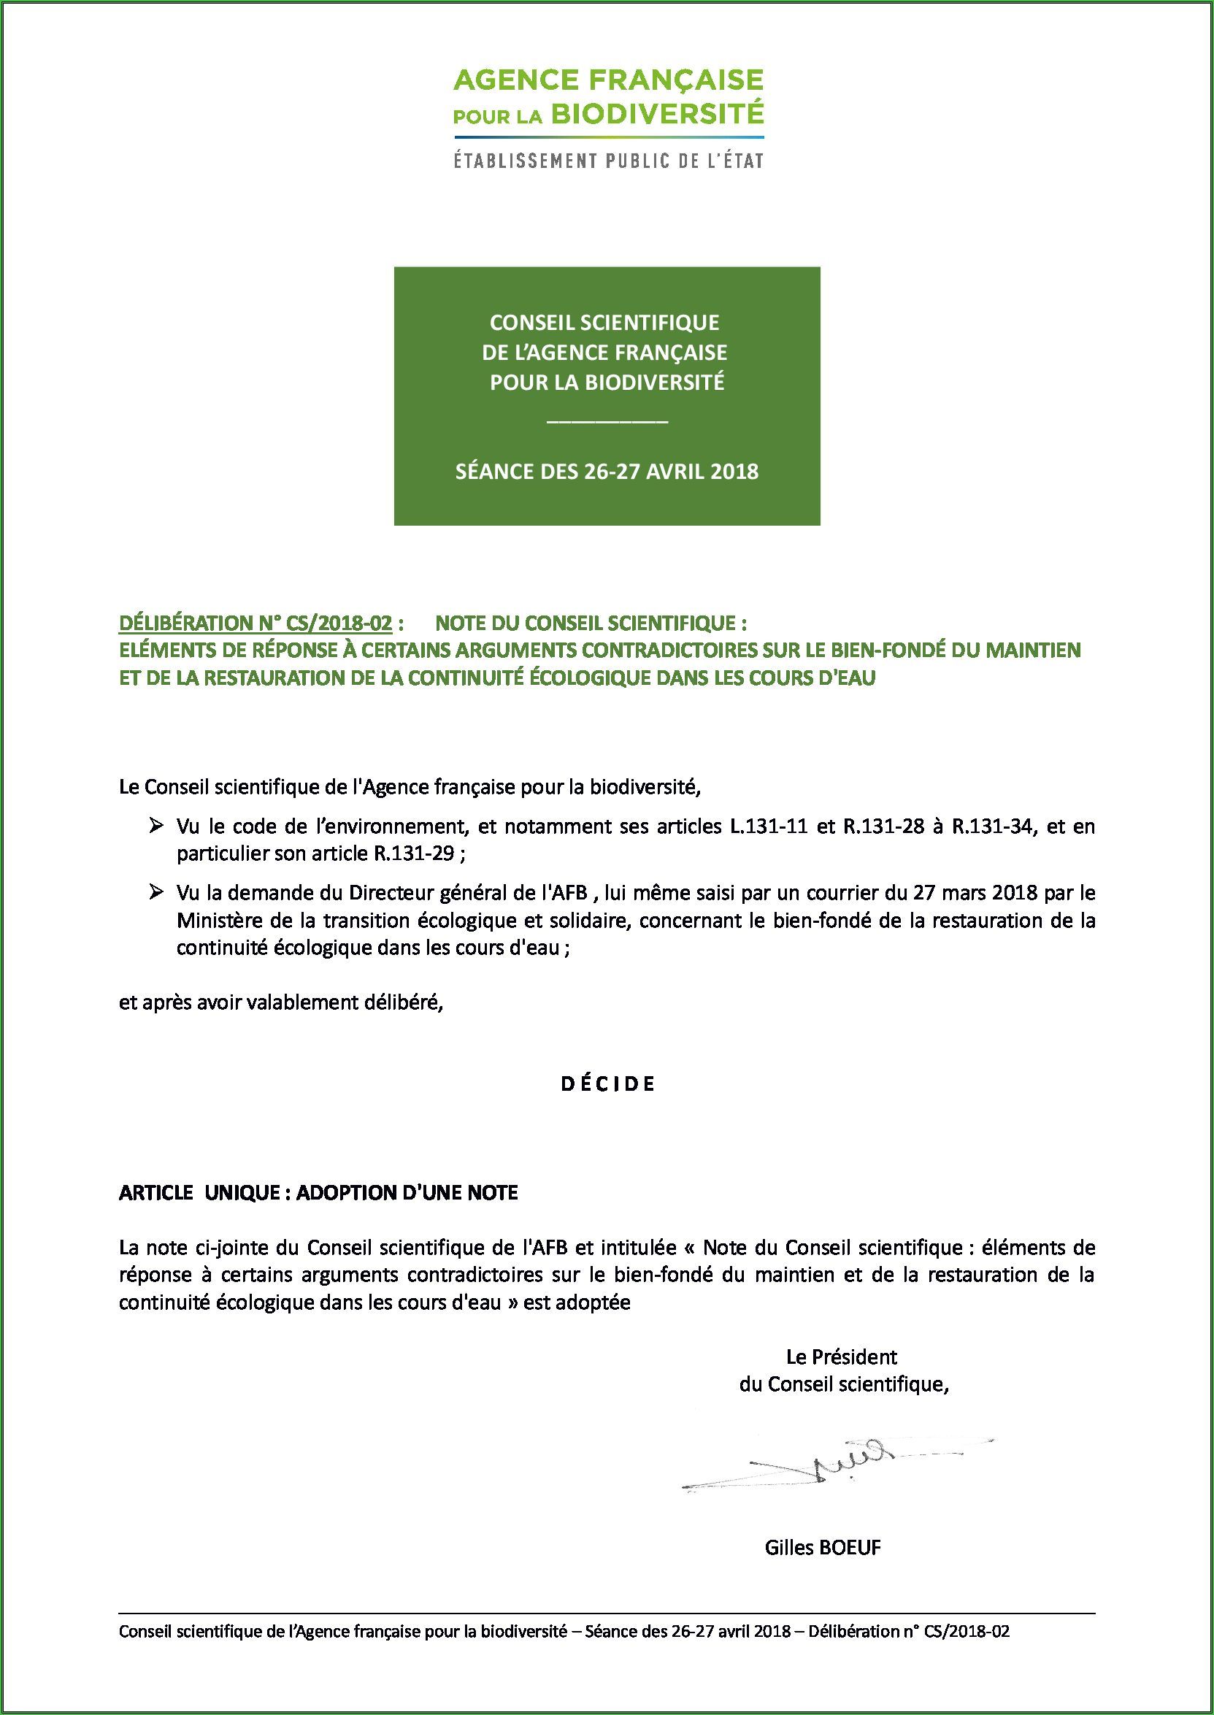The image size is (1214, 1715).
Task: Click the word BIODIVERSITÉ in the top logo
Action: click(x=657, y=115)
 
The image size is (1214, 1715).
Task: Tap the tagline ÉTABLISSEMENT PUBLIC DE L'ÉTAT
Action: click(x=609, y=161)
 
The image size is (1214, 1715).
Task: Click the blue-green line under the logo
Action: click(x=609, y=137)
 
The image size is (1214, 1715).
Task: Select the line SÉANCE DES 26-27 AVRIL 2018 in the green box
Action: click(x=607, y=472)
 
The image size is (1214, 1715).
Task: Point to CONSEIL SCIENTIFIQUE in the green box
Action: click(x=604, y=322)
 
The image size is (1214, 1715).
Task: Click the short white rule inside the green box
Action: click(x=607, y=423)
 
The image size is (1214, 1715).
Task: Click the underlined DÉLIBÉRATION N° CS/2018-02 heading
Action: click(x=256, y=623)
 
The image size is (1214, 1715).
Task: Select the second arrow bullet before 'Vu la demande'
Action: click(x=156, y=892)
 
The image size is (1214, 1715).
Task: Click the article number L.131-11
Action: click(x=769, y=827)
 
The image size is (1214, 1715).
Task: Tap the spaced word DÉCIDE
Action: click(x=607, y=1084)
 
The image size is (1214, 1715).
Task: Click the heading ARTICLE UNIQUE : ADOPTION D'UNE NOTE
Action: click(x=318, y=1192)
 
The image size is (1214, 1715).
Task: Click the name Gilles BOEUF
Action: click(x=822, y=1548)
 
